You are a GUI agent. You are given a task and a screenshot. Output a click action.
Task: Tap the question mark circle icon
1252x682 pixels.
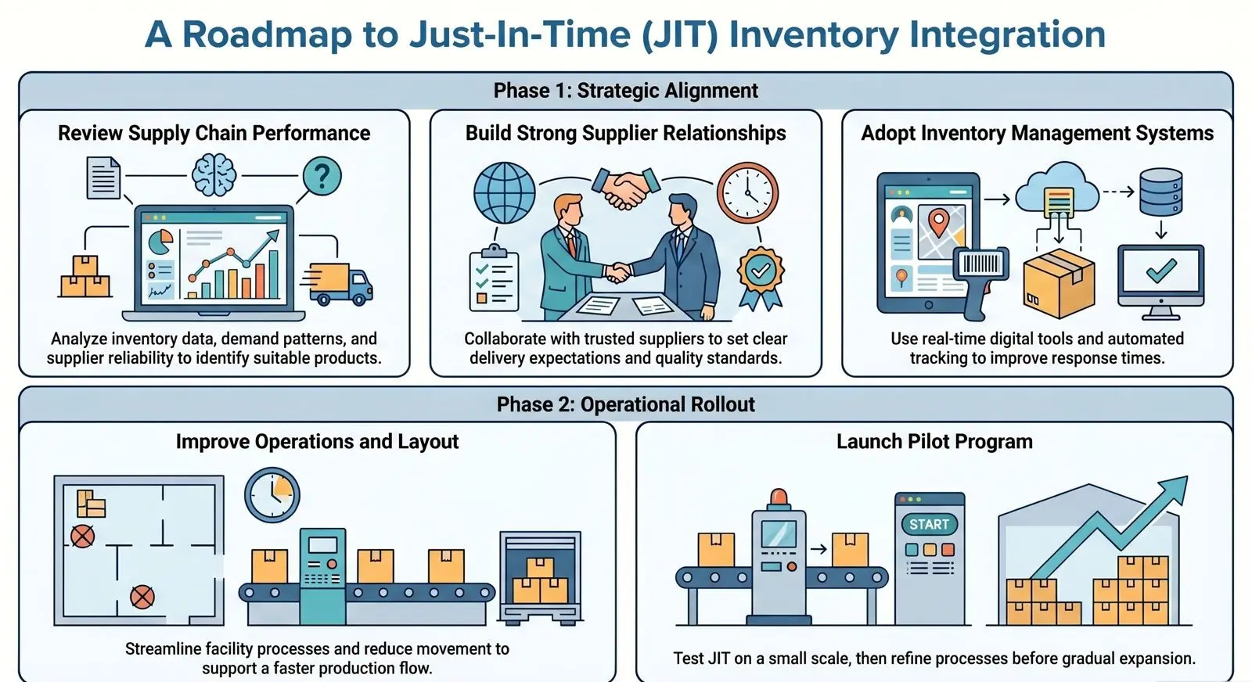(x=322, y=175)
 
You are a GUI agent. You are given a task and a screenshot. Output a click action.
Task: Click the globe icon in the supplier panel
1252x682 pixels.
(x=505, y=192)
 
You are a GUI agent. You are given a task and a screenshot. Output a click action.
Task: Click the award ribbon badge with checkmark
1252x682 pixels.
(x=760, y=276)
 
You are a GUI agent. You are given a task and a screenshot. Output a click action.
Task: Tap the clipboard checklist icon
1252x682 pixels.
(x=493, y=278)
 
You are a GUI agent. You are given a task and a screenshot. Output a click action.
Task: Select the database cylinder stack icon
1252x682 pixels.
(x=1160, y=192)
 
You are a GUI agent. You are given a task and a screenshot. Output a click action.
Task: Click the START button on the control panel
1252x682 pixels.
(x=929, y=524)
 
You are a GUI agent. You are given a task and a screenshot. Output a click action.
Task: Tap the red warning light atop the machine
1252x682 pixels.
(x=779, y=498)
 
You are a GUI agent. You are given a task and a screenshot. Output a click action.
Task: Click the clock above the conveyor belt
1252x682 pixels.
(x=272, y=494)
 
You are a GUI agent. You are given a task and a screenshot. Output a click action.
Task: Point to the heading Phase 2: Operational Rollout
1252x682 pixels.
(x=625, y=404)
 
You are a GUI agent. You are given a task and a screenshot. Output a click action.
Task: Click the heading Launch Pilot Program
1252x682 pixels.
(x=934, y=442)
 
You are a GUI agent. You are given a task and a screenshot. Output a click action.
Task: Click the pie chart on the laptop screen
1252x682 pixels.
(x=161, y=242)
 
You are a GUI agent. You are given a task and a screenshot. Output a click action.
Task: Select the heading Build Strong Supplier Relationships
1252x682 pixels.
(x=625, y=133)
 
